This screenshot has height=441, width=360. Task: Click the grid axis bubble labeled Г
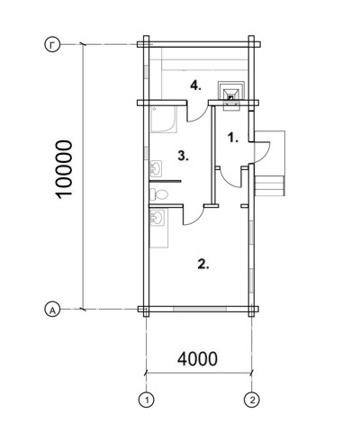(x=53, y=45)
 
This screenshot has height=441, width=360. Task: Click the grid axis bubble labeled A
(x=53, y=309)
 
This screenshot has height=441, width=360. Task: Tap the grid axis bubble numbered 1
(x=147, y=400)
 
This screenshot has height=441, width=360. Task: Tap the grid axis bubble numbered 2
(x=252, y=400)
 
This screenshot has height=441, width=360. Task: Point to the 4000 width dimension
(x=197, y=358)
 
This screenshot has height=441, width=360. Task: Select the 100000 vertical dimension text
(x=64, y=169)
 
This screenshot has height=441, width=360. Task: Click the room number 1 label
(x=233, y=138)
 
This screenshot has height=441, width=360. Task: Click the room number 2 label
(x=203, y=264)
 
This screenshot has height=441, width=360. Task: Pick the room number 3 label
(x=183, y=156)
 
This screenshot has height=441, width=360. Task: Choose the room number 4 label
(x=196, y=86)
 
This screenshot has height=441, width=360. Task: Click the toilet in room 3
(x=158, y=194)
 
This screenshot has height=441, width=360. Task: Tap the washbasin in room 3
(x=156, y=168)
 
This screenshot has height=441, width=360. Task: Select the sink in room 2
(x=157, y=217)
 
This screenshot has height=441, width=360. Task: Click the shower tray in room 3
(x=163, y=120)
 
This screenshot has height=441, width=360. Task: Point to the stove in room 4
(x=231, y=95)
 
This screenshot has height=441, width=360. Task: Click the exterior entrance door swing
(x=263, y=152)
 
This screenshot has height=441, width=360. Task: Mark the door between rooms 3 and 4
(x=197, y=112)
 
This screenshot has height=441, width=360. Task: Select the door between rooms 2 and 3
(x=193, y=215)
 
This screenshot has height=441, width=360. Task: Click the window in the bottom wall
(x=200, y=309)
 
